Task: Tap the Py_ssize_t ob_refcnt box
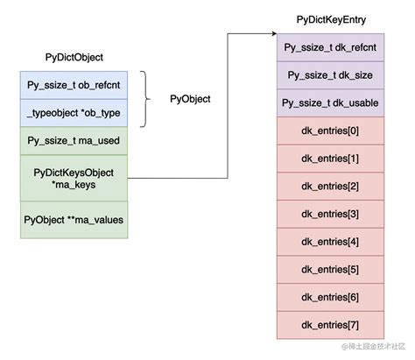(74, 85)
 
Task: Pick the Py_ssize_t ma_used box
(74, 140)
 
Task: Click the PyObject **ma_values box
(74, 219)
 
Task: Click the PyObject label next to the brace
(190, 99)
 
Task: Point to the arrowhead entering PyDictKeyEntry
(273, 35)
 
